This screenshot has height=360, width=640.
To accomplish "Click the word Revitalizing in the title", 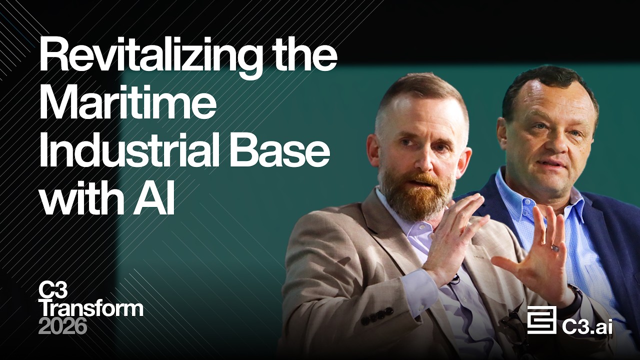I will pyautogui.click(x=150, y=57).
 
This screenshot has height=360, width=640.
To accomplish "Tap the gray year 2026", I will pyautogui.click(x=63, y=326).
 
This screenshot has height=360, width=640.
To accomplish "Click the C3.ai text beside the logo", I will pyautogui.click(x=587, y=326).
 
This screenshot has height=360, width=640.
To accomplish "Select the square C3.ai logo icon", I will pyautogui.click(x=541, y=320).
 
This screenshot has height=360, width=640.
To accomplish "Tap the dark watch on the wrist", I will pyautogui.click(x=575, y=300).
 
